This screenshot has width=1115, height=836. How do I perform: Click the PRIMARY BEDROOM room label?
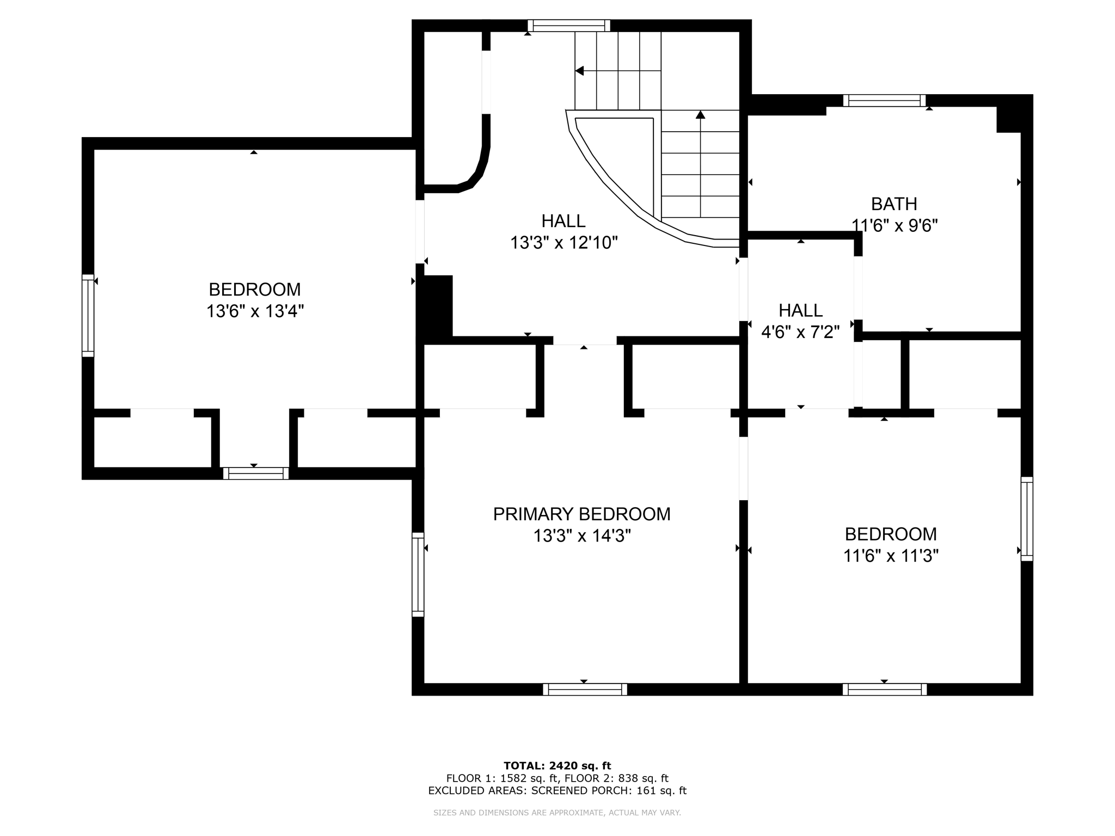[581, 514]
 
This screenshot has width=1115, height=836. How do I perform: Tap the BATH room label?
[894, 204]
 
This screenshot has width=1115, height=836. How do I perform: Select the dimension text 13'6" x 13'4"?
[255, 311]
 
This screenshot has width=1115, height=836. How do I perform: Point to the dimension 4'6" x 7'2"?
[800, 332]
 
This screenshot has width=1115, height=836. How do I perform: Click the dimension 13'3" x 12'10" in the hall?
[563, 243]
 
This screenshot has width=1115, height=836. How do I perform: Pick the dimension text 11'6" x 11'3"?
[891, 556]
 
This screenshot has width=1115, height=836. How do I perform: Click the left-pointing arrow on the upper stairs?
[580, 71]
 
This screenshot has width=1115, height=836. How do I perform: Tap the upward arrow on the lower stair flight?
[700, 115]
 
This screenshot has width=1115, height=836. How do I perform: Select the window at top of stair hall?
[568, 26]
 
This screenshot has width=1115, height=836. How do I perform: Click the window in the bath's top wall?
[884, 101]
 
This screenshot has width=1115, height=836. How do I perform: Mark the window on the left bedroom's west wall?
[88, 316]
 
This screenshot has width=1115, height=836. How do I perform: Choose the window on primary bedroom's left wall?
[418, 574]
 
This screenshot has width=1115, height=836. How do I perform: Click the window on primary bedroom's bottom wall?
[585, 690]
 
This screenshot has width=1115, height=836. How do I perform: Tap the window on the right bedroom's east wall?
[1026, 519]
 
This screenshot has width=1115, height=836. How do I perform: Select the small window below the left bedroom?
[255, 474]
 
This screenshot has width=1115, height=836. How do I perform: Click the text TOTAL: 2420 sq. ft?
[557, 766]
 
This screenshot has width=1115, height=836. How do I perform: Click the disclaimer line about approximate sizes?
[557, 813]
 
